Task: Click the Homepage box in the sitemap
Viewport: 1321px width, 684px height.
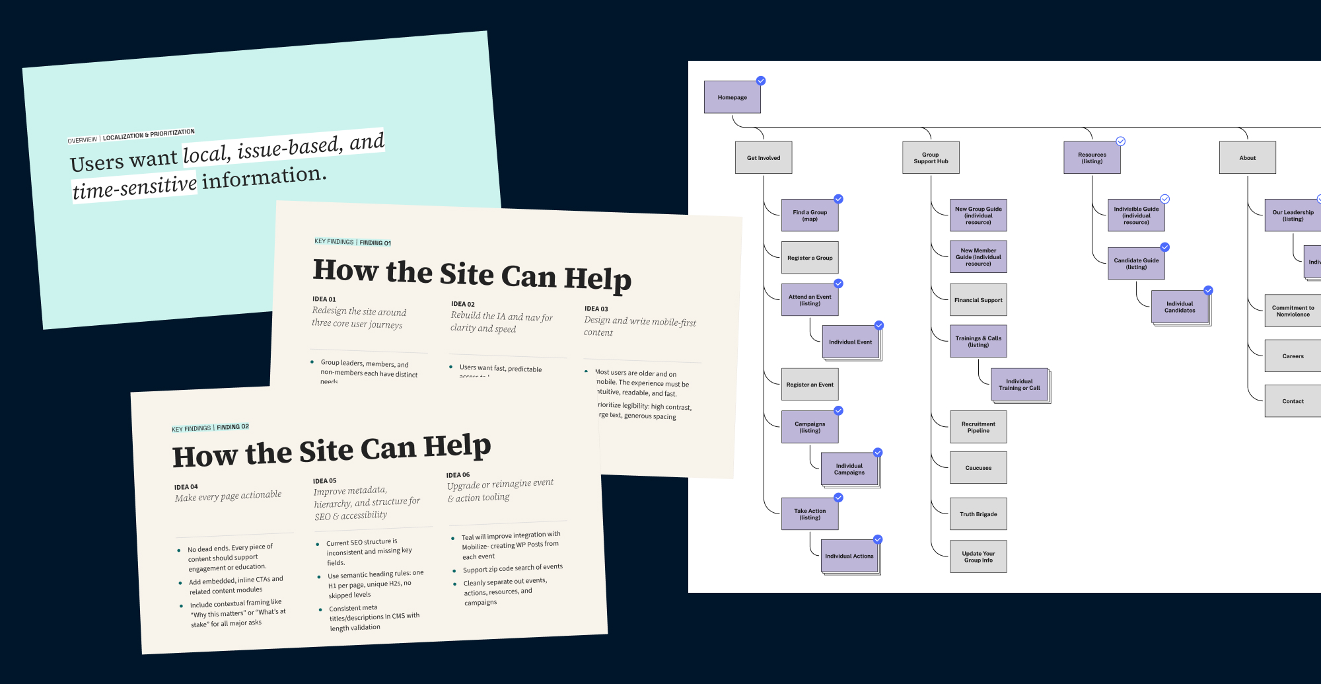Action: [x=732, y=97]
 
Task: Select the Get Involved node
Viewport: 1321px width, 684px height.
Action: [x=763, y=158]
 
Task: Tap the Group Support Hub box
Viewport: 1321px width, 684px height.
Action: [x=931, y=158]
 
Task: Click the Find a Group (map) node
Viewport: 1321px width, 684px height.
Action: [x=809, y=215]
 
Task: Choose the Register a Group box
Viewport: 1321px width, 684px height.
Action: [x=809, y=258]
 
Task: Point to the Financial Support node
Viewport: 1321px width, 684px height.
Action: [x=978, y=300]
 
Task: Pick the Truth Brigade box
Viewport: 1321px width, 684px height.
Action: [x=978, y=514]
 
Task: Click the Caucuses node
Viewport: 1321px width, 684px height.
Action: [x=978, y=468]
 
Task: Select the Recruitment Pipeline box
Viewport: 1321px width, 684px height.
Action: [x=978, y=428]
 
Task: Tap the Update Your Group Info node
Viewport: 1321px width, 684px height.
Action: [x=978, y=557]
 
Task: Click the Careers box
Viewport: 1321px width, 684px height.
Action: [x=1293, y=356]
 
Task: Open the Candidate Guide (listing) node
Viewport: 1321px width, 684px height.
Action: [x=1135, y=264]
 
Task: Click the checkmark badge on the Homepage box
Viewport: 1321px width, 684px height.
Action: [x=761, y=81]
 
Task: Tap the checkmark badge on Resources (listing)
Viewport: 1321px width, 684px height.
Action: [x=1121, y=141]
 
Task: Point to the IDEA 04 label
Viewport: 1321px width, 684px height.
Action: [x=186, y=487]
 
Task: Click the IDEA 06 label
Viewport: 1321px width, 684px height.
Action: [x=458, y=475]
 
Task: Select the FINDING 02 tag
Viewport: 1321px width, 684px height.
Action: [x=232, y=427]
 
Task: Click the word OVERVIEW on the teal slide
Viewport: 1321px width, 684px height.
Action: [x=82, y=140]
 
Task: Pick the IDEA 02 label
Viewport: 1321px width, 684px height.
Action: [x=462, y=304]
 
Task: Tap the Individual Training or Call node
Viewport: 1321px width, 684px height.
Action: [x=1018, y=385]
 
